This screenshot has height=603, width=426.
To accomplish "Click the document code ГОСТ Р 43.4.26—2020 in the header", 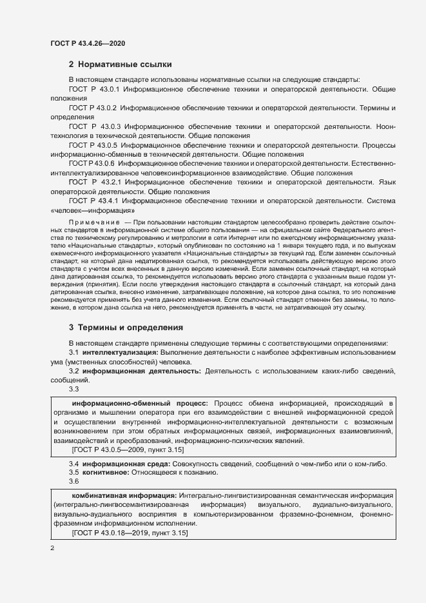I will click(x=87, y=43).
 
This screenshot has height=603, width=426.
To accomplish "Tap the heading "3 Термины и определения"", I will click(x=126, y=327).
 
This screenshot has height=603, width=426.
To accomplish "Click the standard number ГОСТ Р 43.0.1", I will click(x=94, y=88).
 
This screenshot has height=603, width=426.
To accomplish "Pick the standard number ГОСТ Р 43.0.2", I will click(x=92, y=108).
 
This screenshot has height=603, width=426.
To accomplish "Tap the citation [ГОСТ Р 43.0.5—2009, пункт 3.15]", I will click(x=129, y=450).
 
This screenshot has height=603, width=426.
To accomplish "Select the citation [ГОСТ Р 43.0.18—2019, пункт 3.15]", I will click(x=130, y=533).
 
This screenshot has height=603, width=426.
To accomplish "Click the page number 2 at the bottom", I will click(x=52, y=548).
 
